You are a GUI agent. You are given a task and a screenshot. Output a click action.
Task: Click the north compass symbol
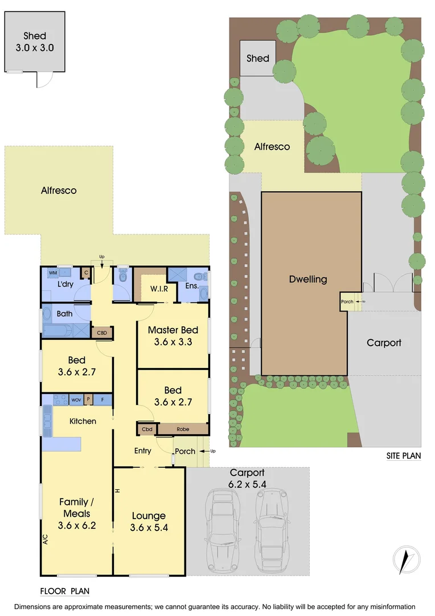click(x=405, y=560)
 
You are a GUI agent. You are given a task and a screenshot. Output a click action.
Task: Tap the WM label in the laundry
click(x=52, y=273)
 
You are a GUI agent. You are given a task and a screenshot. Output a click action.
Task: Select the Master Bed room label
click(x=173, y=336)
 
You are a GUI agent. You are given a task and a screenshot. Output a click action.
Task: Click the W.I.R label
click(x=159, y=289)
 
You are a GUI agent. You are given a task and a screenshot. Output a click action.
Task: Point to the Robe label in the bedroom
click(x=183, y=428)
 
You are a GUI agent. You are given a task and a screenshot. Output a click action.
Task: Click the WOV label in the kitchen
click(x=76, y=400)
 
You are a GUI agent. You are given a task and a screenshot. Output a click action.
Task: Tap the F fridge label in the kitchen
click(x=102, y=400)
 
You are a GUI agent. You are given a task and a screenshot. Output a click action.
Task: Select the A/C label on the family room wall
click(x=45, y=538)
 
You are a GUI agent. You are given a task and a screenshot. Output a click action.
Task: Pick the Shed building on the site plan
click(x=257, y=58)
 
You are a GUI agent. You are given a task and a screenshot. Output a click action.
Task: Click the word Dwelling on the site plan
click(x=308, y=279)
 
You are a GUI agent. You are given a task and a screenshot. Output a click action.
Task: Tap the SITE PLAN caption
click(x=403, y=456)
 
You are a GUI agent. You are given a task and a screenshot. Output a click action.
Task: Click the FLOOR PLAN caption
click(x=65, y=591)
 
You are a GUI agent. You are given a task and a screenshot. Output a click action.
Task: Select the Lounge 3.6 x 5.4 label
click(x=149, y=521)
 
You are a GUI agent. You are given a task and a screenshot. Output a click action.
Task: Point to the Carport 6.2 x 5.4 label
click(x=248, y=477)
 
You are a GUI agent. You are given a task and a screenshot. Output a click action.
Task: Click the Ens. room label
click(x=191, y=285)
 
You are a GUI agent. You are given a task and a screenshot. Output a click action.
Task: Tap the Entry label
click(x=142, y=451)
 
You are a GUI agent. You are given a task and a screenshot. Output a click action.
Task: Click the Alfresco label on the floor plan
click(x=59, y=191)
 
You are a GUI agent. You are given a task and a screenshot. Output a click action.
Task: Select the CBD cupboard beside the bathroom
click(x=102, y=333)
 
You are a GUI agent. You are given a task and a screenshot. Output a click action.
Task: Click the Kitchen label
click(x=83, y=421)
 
